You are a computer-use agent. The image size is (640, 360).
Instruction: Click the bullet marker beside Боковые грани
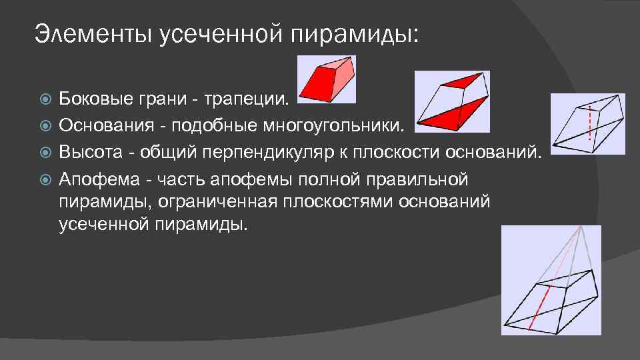(45, 100)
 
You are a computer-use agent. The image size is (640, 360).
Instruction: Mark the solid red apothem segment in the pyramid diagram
(539, 307)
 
